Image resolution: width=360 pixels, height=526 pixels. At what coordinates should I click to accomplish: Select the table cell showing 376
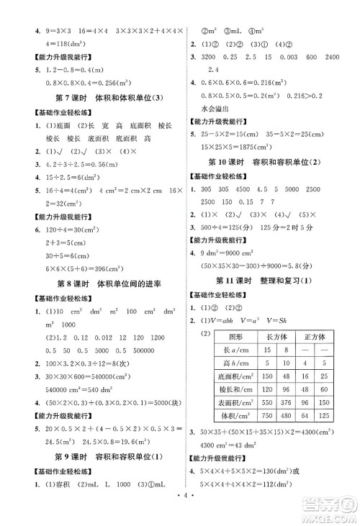(x=284, y=402)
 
